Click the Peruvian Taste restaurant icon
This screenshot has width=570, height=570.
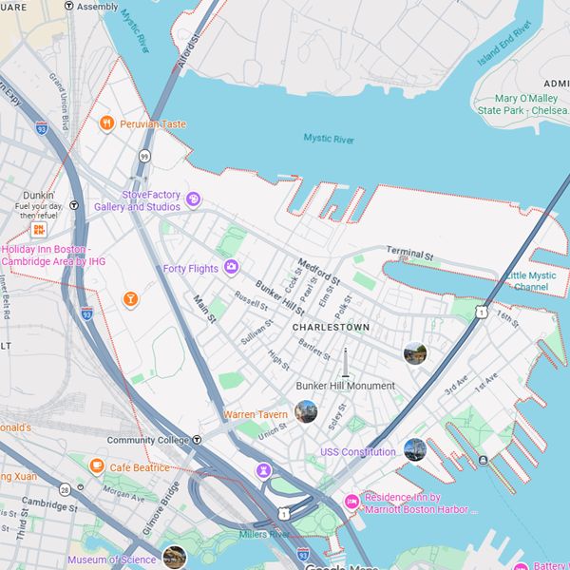(x=107, y=123)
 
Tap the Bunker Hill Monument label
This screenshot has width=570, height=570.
(x=345, y=386)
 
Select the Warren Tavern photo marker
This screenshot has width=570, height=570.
(x=306, y=411)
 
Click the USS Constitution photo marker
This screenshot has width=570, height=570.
(x=414, y=449)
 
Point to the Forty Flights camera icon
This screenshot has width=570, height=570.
(x=231, y=267)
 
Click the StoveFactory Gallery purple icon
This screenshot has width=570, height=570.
(x=193, y=199)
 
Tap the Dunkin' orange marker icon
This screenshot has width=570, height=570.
(x=40, y=230)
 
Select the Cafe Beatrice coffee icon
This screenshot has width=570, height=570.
(x=96, y=466)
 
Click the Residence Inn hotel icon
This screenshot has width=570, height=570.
(x=351, y=501)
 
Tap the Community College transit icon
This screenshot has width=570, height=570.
(x=197, y=440)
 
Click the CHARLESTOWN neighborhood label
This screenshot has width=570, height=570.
(x=331, y=327)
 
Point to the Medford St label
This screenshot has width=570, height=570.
(x=318, y=273)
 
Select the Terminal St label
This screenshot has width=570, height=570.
(x=409, y=254)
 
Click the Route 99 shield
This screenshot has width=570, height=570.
(x=144, y=155)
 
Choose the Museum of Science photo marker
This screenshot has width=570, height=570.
(x=174, y=557)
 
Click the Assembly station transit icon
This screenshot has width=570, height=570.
(x=68, y=6)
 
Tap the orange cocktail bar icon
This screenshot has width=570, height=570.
(x=130, y=299)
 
